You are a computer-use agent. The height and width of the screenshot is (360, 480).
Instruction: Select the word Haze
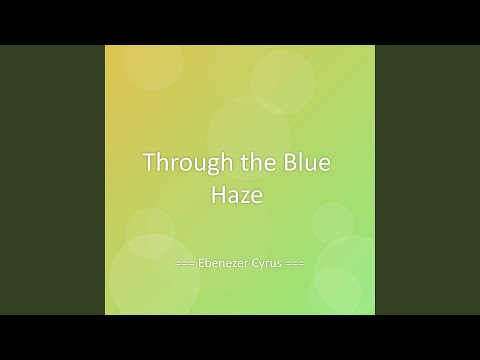240,197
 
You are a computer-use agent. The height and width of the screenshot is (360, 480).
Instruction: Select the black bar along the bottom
240,337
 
